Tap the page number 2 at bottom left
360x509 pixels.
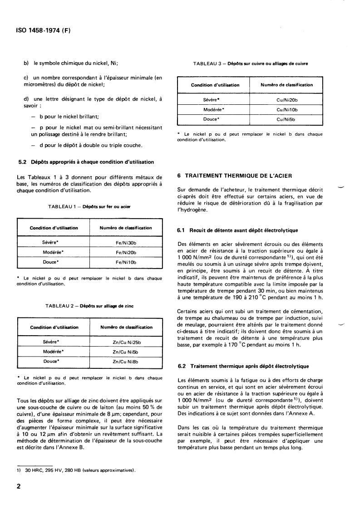click(x=19, y=487)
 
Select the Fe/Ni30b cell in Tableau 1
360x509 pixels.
click(x=126, y=242)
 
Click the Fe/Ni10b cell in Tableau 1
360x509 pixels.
click(x=126, y=262)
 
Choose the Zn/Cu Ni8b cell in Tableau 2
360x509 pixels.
click(x=126, y=362)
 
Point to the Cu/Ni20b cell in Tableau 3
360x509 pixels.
click(x=286, y=99)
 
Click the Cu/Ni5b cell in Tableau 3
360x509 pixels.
click(x=286, y=119)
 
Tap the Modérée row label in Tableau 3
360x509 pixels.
click(x=214, y=109)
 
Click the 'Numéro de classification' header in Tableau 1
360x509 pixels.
click(x=126, y=228)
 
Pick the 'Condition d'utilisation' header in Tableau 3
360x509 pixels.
click(x=215, y=85)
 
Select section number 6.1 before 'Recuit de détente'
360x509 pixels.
click(x=181, y=230)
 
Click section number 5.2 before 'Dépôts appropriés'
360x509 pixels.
click(x=20, y=162)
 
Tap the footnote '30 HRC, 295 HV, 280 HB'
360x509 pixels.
click(x=77, y=470)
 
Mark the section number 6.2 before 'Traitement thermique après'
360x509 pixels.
click(x=181, y=366)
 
